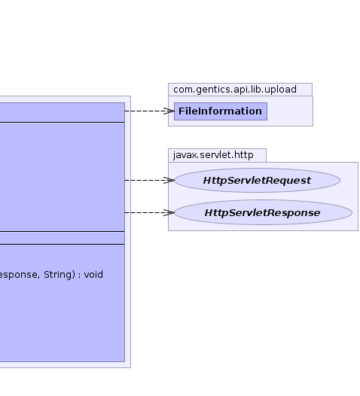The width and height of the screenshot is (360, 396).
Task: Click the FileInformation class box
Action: (x=221, y=111)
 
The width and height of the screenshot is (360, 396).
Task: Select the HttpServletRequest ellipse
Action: (x=257, y=181)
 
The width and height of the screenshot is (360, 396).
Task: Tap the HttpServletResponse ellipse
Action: (x=263, y=212)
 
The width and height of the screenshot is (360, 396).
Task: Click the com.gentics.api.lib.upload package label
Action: (x=235, y=90)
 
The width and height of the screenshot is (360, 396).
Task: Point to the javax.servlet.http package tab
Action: (x=217, y=155)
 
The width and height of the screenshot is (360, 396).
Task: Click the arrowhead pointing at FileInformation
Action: (x=169, y=111)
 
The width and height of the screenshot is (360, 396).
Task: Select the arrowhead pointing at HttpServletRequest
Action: (x=169, y=181)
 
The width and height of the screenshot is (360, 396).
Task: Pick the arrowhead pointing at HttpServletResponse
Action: (x=169, y=212)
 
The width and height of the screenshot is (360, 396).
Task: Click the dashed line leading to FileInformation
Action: (x=150, y=111)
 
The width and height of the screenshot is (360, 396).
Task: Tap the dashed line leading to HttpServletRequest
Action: (x=150, y=181)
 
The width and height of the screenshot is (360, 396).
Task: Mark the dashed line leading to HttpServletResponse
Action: (x=150, y=212)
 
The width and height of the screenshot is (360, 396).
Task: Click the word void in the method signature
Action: (x=93, y=275)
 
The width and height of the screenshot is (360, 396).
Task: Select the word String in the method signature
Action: (x=58, y=275)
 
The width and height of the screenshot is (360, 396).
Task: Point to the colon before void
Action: (x=79, y=276)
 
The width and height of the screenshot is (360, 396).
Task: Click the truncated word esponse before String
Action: (x=20, y=275)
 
